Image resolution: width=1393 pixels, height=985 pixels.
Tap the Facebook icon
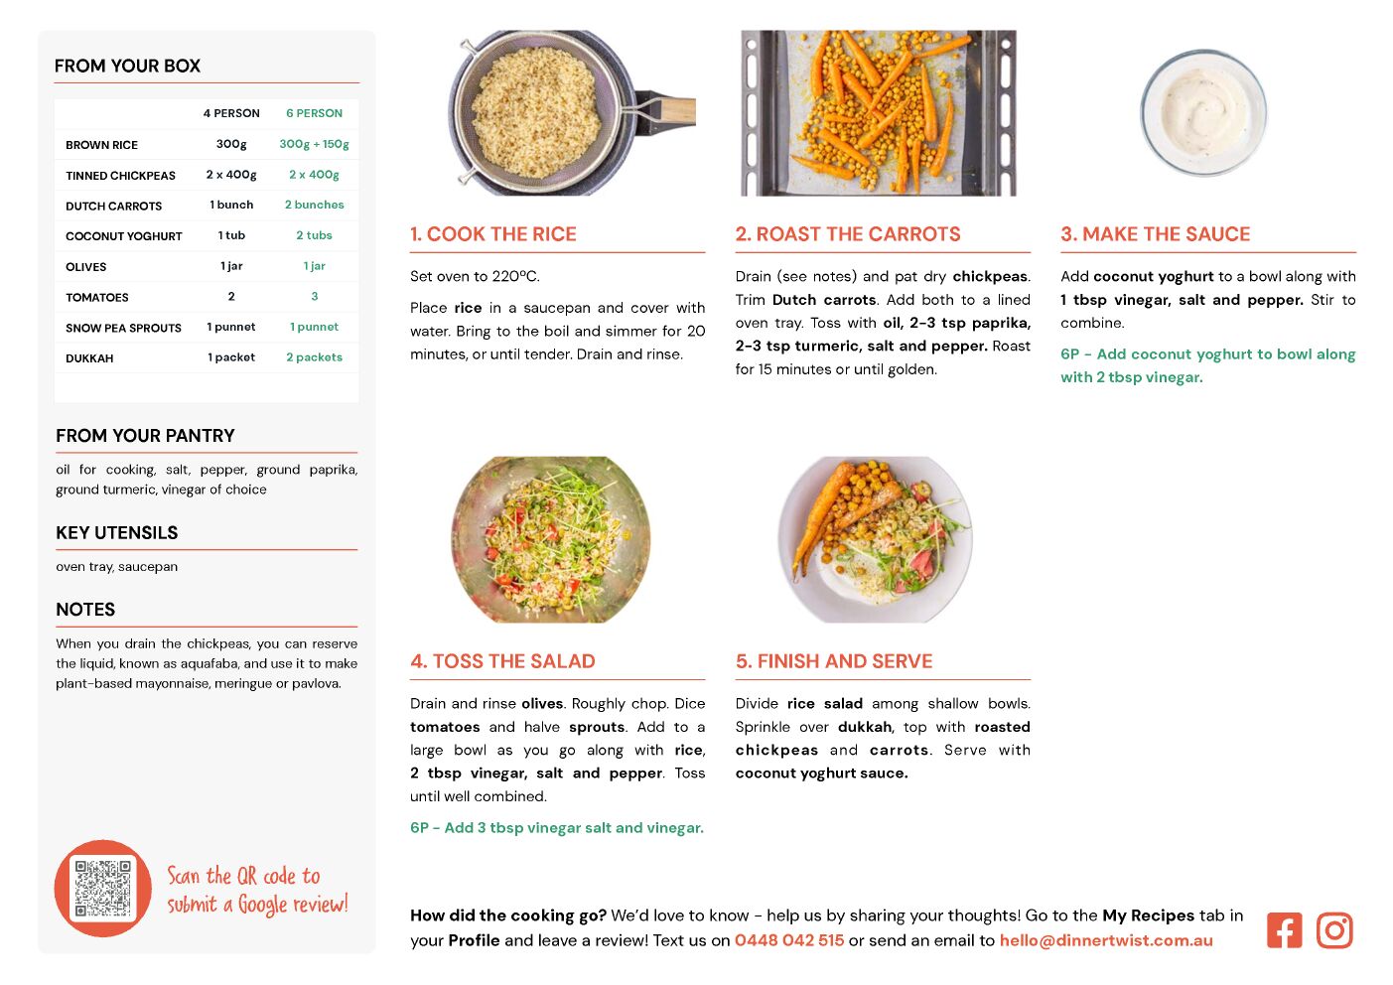click(x=1284, y=930)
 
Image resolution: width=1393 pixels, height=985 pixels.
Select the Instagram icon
click(x=1334, y=930)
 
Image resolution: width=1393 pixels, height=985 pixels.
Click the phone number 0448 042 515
click(x=789, y=940)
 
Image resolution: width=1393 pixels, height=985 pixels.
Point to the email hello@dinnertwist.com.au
click(x=1106, y=940)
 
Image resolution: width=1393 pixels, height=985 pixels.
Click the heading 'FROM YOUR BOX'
click(x=127, y=66)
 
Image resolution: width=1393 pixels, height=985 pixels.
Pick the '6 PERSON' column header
click(x=314, y=113)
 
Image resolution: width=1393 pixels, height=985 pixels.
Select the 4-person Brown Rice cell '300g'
click(x=231, y=144)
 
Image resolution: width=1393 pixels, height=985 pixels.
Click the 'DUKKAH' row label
click(x=89, y=358)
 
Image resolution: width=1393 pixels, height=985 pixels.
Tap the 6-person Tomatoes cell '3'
click(x=315, y=296)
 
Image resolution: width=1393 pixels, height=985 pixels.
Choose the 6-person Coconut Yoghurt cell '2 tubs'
click(x=314, y=235)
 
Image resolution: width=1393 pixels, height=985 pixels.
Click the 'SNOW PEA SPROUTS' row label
click(x=124, y=328)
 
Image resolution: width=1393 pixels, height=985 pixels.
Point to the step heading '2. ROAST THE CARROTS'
click(x=848, y=233)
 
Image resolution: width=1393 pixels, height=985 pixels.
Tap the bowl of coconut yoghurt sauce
click(x=1203, y=112)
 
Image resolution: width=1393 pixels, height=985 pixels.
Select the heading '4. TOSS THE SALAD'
click(x=502, y=661)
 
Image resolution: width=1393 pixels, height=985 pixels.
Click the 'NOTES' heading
click(x=85, y=610)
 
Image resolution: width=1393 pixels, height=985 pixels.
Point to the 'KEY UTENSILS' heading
click(x=117, y=533)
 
